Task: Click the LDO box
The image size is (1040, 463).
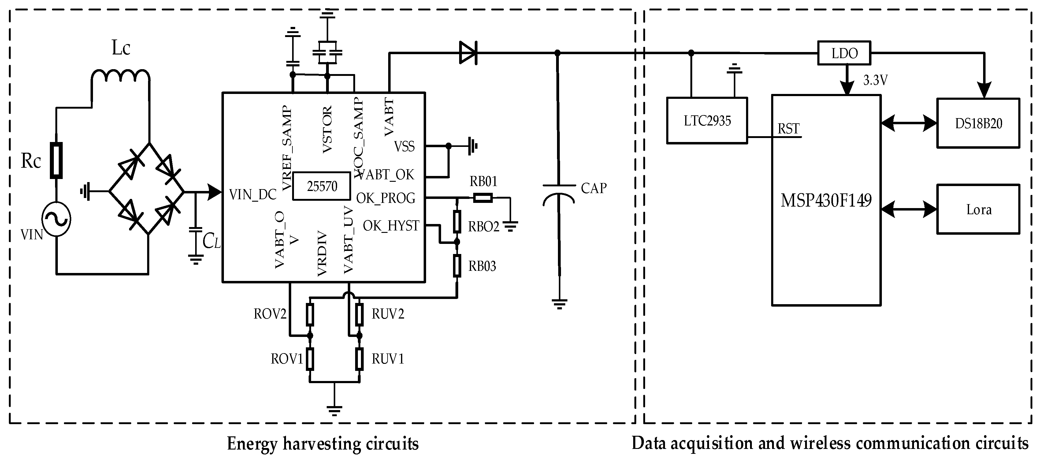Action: (844, 53)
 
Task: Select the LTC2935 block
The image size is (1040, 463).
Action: (707, 120)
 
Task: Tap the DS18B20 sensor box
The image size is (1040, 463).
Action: (978, 123)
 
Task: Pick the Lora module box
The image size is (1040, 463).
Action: (978, 209)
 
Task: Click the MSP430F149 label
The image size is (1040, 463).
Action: (826, 200)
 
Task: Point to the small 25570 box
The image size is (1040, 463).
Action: (321, 186)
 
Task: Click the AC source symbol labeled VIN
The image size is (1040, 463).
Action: (57, 219)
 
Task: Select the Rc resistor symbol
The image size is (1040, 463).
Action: (56, 160)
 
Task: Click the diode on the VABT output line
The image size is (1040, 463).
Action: (468, 53)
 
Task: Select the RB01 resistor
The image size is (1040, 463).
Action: (482, 198)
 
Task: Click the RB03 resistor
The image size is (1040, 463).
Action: (457, 265)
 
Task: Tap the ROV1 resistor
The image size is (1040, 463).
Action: (310, 359)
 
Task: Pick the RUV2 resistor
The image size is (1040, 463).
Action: (359, 314)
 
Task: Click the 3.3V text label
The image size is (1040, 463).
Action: (875, 80)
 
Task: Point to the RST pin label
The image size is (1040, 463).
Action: (788, 129)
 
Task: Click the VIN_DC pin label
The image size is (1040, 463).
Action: (253, 195)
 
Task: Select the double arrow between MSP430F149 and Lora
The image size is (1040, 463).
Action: (908, 209)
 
